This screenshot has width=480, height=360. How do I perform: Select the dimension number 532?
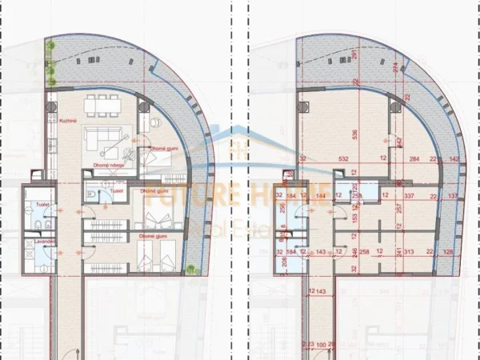click(342, 160)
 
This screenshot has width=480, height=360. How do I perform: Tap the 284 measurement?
click(414, 160)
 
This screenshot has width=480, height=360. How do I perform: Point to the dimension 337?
click(408, 194)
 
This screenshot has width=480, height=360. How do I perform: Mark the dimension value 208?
click(286, 261)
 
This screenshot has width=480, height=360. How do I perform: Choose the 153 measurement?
click(355, 218)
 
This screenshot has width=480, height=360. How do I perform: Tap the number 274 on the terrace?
click(394, 67)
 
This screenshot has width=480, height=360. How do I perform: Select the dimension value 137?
click(454, 195)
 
